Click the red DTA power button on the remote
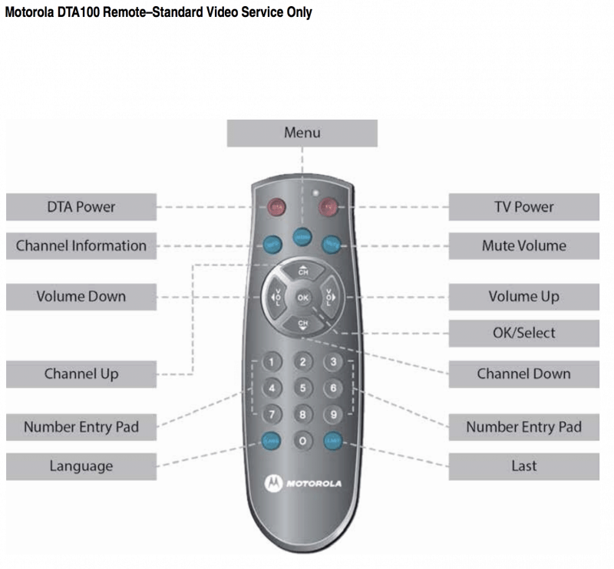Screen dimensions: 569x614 (276, 206)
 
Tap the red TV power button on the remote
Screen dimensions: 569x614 (329, 206)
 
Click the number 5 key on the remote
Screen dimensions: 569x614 (303, 388)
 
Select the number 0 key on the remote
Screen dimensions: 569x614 (303, 441)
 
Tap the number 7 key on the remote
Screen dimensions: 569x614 (273, 414)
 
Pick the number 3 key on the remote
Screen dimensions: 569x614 (333, 362)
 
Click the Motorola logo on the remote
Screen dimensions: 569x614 (303, 484)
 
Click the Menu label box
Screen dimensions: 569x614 (302, 133)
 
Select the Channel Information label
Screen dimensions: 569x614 (81, 246)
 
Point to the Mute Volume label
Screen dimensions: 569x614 (523, 246)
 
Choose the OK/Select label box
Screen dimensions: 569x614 (523, 334)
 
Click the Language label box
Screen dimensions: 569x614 (81, 466)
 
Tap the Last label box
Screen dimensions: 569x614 (523, 466)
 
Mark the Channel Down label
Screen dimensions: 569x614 (523, 374)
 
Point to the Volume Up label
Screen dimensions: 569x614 (523, 297)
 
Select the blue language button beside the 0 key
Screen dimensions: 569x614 (272, 441)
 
